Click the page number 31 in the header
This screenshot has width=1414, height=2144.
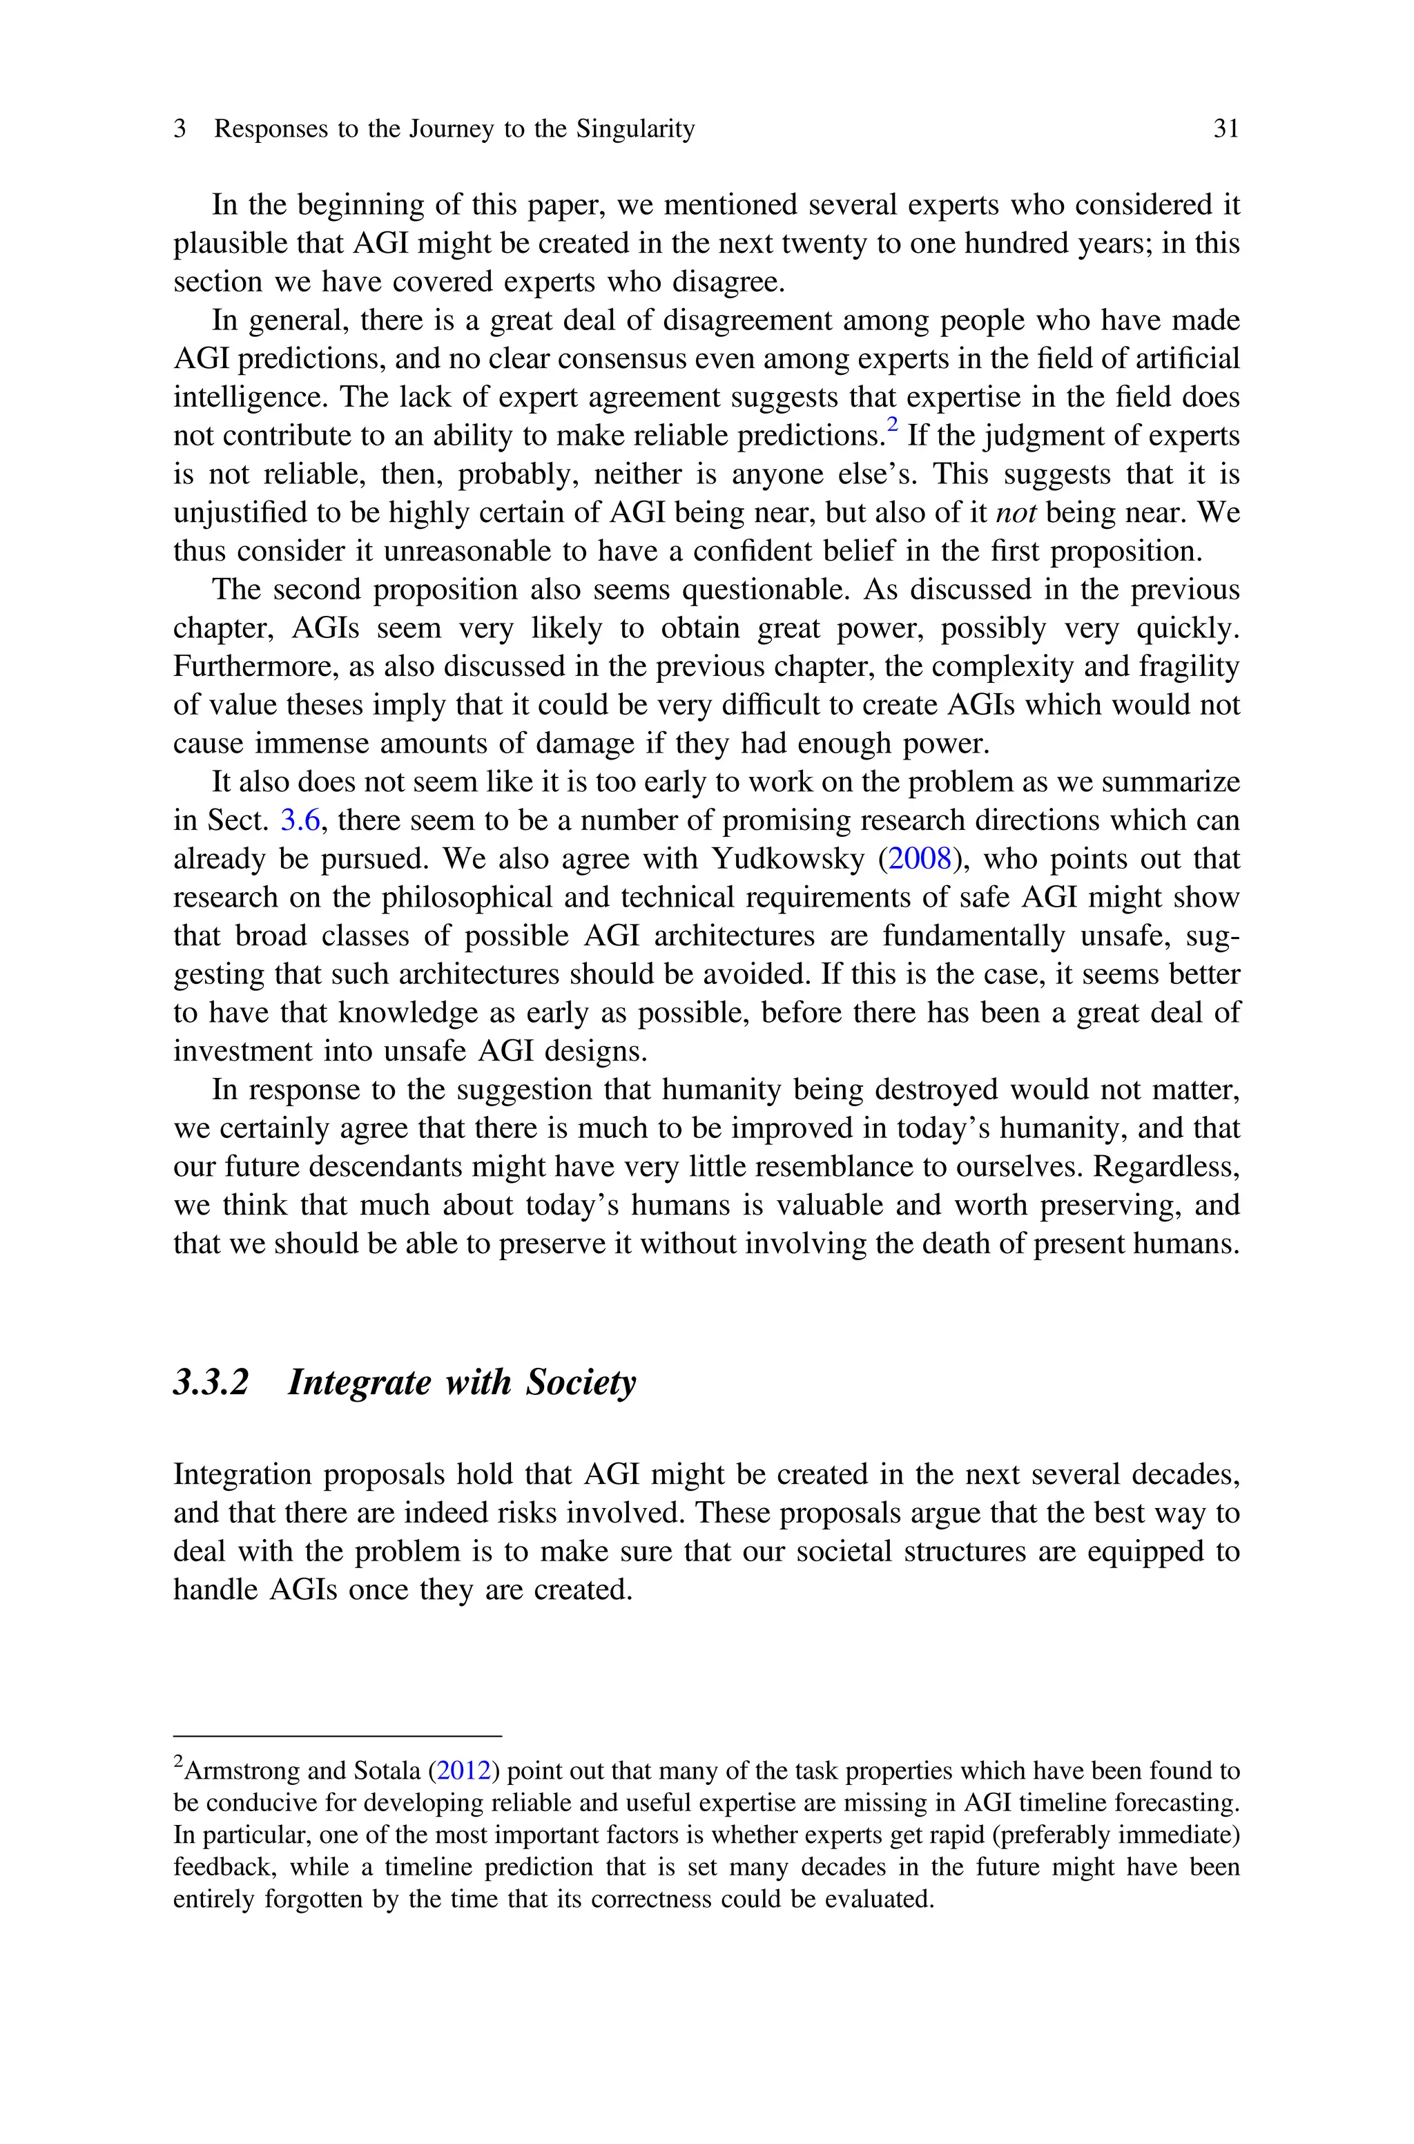point(1226,129)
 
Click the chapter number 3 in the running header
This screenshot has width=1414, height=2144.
point(180,129)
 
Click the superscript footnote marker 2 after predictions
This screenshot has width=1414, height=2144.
point(893,425)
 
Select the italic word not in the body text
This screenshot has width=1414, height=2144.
point(1016,513)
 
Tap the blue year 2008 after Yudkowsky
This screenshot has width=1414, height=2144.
point(919,859)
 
